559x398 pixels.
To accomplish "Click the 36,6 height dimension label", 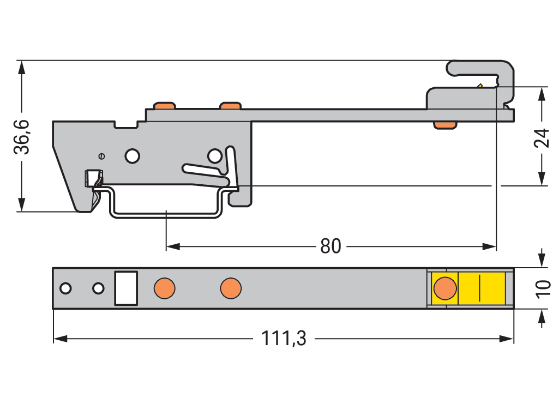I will coord(22,136).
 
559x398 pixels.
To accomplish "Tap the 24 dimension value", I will coord(542,138).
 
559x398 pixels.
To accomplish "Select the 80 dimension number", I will coord(330,246).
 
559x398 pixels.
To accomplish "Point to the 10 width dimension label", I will coord(542,289).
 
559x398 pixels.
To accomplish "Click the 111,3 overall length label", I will coord(284,339).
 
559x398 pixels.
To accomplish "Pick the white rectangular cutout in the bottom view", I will coord(125,288).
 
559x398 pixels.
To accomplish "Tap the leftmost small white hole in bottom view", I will coord(65,288).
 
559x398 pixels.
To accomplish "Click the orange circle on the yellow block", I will coord(445,288).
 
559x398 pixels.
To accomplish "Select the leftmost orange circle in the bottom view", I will coord(164,288).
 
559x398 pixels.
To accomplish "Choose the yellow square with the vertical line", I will coord(479,288).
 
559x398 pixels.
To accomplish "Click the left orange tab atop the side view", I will coord(165,105).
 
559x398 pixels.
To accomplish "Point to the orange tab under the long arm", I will coord(444,125).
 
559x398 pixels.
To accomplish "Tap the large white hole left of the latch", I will coord(132,156).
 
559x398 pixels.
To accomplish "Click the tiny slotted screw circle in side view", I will coord(101,156).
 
